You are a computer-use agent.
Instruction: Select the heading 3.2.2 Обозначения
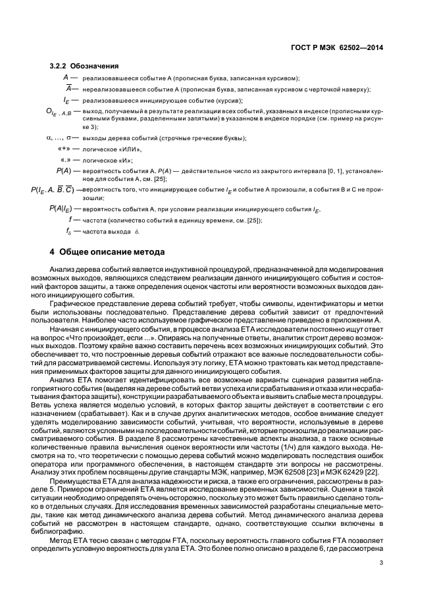(x=84, y=66)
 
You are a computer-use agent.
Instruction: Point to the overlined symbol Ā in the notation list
(x=67, y=89)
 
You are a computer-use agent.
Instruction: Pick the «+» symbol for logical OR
(x=64, y=149)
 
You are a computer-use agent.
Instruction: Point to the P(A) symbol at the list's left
(x=63, y=171)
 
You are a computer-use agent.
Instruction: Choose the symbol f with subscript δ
(x=69, y=232)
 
